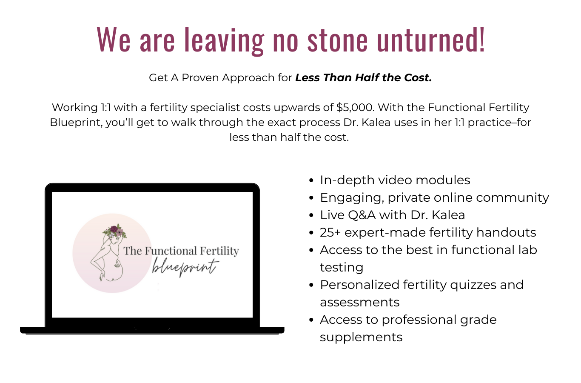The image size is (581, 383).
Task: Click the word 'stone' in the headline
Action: pos(337,40)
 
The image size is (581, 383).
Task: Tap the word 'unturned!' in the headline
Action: pos(431,40)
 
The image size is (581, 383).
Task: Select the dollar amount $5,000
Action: pos(355,107)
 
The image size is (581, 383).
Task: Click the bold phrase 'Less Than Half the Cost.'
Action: pos(364,77)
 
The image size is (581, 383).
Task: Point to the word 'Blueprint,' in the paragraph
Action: pos(76,123)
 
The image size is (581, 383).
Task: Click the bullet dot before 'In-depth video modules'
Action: pos(311,180)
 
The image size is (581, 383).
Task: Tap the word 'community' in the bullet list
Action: pos(513,198)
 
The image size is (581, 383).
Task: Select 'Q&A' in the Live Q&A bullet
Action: pos(362,215)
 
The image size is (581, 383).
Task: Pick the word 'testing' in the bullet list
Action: pos(342,268)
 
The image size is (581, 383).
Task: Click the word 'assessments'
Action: pos(359,302)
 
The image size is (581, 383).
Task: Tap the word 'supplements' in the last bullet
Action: pos(361,337)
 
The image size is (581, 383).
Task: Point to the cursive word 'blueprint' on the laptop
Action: pos(185,267)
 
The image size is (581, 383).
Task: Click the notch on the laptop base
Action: pos(152,329)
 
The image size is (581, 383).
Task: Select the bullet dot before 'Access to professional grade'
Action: pos(311,320)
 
